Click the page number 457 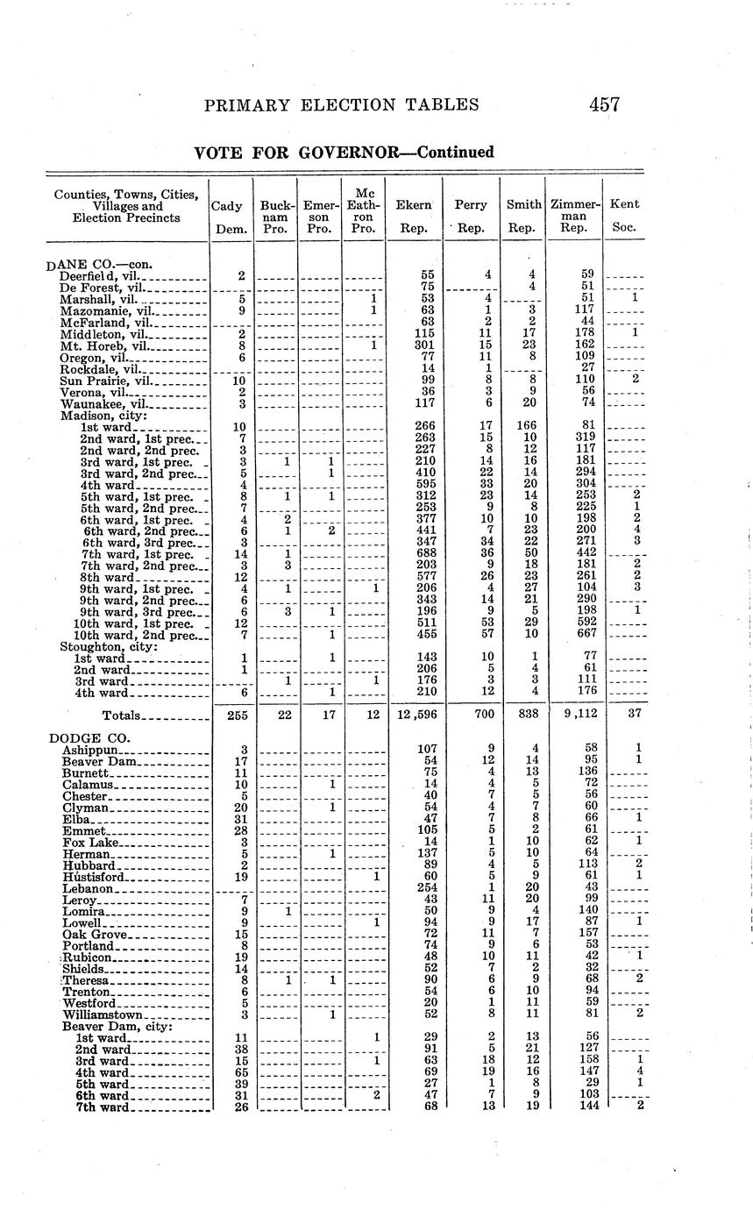604,105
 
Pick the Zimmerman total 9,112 575,715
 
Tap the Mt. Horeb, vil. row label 102,345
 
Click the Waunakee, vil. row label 102,403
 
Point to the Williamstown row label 103,1014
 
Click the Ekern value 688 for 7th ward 427,552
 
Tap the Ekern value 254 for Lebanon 427,887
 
